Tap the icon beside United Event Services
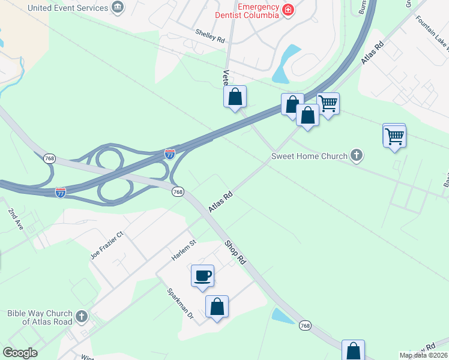coord(118,8)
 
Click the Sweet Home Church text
coord(309,157)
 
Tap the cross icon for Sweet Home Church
coord(357,156)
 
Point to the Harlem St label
coord(184,250)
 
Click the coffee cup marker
coord(202,275)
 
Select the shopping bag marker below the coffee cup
coord(217,307)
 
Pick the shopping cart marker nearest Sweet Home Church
coord(394,136)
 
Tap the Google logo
coord(20,353)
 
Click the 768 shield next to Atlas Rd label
coord(178,191)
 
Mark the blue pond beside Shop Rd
coord(281,315)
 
